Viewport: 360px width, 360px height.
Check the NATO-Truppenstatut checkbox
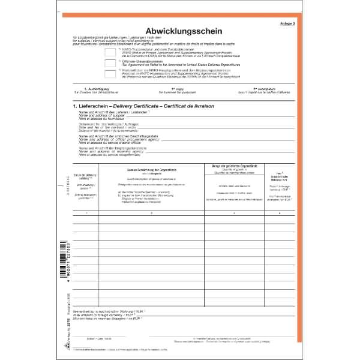pyautogui.click(x=110, y=51)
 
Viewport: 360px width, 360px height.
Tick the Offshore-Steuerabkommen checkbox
pyautogui.click(x=110, y=63)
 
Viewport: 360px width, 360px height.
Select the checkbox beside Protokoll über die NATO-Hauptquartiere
pyautogui.click(x=110, y=75)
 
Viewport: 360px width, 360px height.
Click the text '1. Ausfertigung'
pyautogui.click(x=96, y=89)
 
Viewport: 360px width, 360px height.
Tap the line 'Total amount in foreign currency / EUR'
pyautogui.click(x=108, y=315)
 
